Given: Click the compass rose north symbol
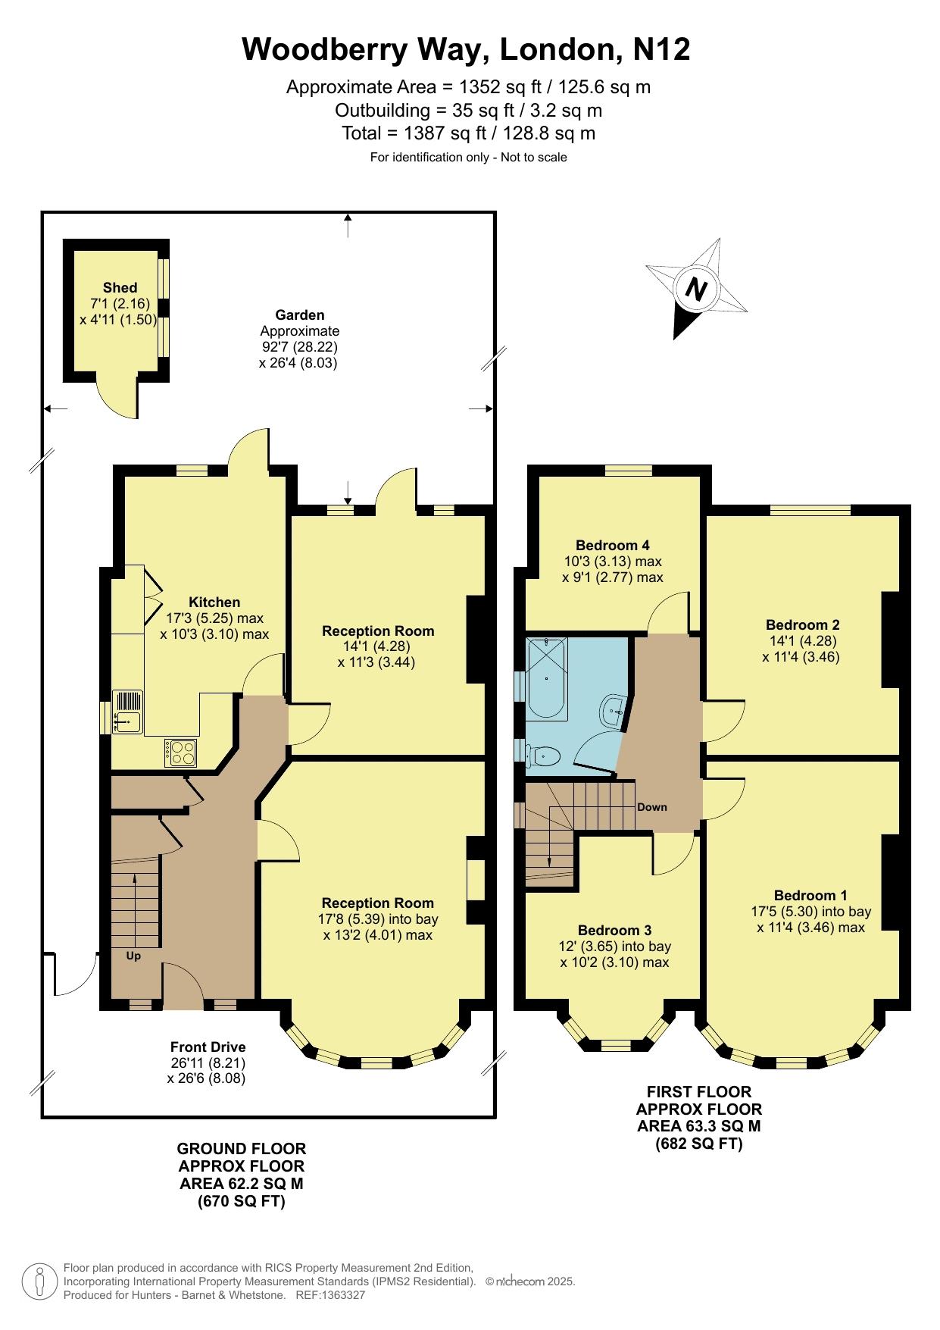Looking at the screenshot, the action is (697, 289).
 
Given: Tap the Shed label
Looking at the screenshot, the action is (120, 287).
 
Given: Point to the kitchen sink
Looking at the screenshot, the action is (127, 712).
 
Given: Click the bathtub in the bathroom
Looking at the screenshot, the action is (547, 679).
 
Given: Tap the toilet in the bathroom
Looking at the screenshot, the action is (544, 756).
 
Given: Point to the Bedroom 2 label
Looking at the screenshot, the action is (802, 625).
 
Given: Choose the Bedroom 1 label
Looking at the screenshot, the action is (810, 895).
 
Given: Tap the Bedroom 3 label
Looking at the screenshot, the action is (614, 930).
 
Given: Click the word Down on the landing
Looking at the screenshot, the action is (652, 807).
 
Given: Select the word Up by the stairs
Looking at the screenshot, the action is (133, 956).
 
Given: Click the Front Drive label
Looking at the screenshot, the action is (208, 1047).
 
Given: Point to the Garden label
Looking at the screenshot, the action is (300, 315).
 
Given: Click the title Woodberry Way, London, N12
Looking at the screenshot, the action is (466, 50).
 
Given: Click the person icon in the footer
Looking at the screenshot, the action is (39, 1281).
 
